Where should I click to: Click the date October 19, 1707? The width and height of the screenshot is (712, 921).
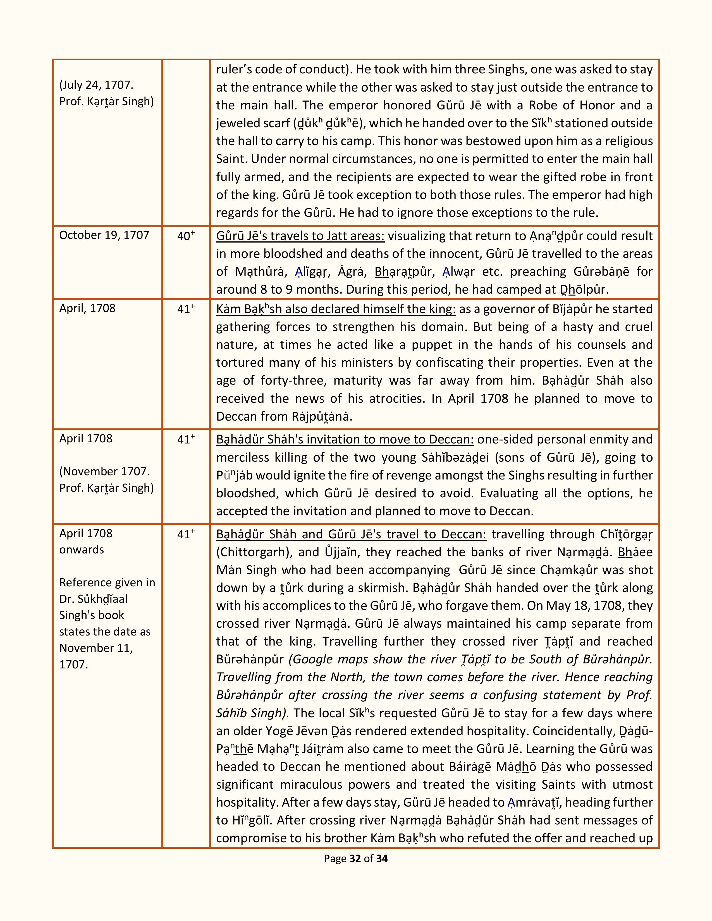pos(104,235)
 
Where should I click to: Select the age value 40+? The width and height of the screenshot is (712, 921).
pos(186,236)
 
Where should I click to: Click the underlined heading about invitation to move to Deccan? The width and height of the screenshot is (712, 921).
pos(345,439)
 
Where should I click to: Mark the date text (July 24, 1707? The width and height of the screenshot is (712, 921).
pos(96,85)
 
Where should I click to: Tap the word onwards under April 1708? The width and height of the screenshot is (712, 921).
pos(82,550)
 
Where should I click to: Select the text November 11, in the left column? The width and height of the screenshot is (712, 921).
pos(96,648)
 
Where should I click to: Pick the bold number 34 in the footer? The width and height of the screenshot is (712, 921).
pos(382,858)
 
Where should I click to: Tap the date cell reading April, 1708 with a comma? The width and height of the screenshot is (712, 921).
pos(87,308)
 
